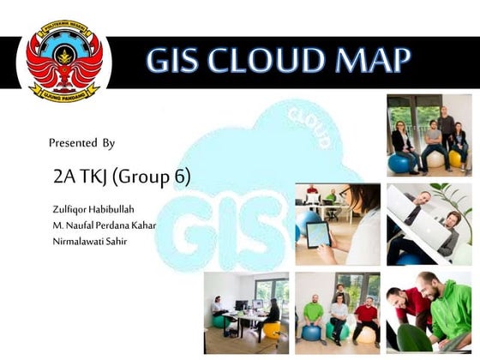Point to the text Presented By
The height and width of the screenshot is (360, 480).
click(x=81, y=142)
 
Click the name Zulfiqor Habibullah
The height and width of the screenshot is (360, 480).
click(x=93, y=209)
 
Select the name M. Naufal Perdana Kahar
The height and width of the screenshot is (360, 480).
click(x=104, y=225)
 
